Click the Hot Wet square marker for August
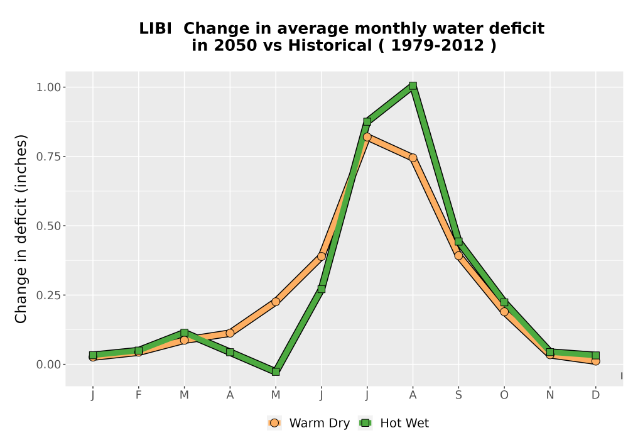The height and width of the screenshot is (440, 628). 413,85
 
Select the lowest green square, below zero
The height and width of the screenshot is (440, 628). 276,372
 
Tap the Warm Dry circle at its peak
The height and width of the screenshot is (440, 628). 367,137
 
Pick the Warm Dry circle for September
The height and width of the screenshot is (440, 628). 458,256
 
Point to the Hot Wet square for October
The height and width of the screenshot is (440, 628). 504,302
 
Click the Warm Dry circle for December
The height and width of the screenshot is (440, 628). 595,361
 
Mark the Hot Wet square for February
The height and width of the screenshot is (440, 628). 139,351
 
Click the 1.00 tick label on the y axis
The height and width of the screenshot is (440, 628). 49,87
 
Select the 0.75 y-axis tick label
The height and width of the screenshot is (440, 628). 49,157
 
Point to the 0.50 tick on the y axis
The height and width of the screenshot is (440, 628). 49,226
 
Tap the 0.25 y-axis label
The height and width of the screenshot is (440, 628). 49,295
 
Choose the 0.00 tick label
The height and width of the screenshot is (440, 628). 49,365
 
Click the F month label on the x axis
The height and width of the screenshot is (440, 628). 139,395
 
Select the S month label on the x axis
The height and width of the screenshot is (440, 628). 458,395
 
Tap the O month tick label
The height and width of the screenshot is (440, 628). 504,395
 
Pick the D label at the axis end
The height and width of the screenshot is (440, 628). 595,395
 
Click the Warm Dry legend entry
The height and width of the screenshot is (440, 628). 308,423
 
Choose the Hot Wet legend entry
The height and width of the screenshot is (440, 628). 394,423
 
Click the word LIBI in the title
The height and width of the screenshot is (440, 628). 155,29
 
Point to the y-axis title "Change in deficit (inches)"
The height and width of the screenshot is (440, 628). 21,229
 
